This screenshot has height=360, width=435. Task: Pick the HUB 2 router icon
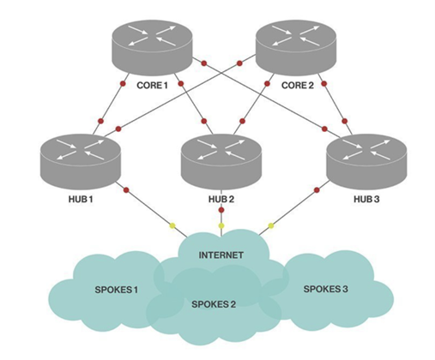click(223, 159)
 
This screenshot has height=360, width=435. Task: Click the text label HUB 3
click(367, 200)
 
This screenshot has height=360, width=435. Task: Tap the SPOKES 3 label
click(326, 290)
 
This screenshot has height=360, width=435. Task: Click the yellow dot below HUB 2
click(221, 225)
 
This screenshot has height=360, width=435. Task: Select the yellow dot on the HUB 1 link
click(172, 226)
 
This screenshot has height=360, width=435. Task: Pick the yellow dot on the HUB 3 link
click(271, 225)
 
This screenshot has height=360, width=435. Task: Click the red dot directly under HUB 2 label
click(221, 209)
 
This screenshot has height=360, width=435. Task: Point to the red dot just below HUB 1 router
click(126, 189)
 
